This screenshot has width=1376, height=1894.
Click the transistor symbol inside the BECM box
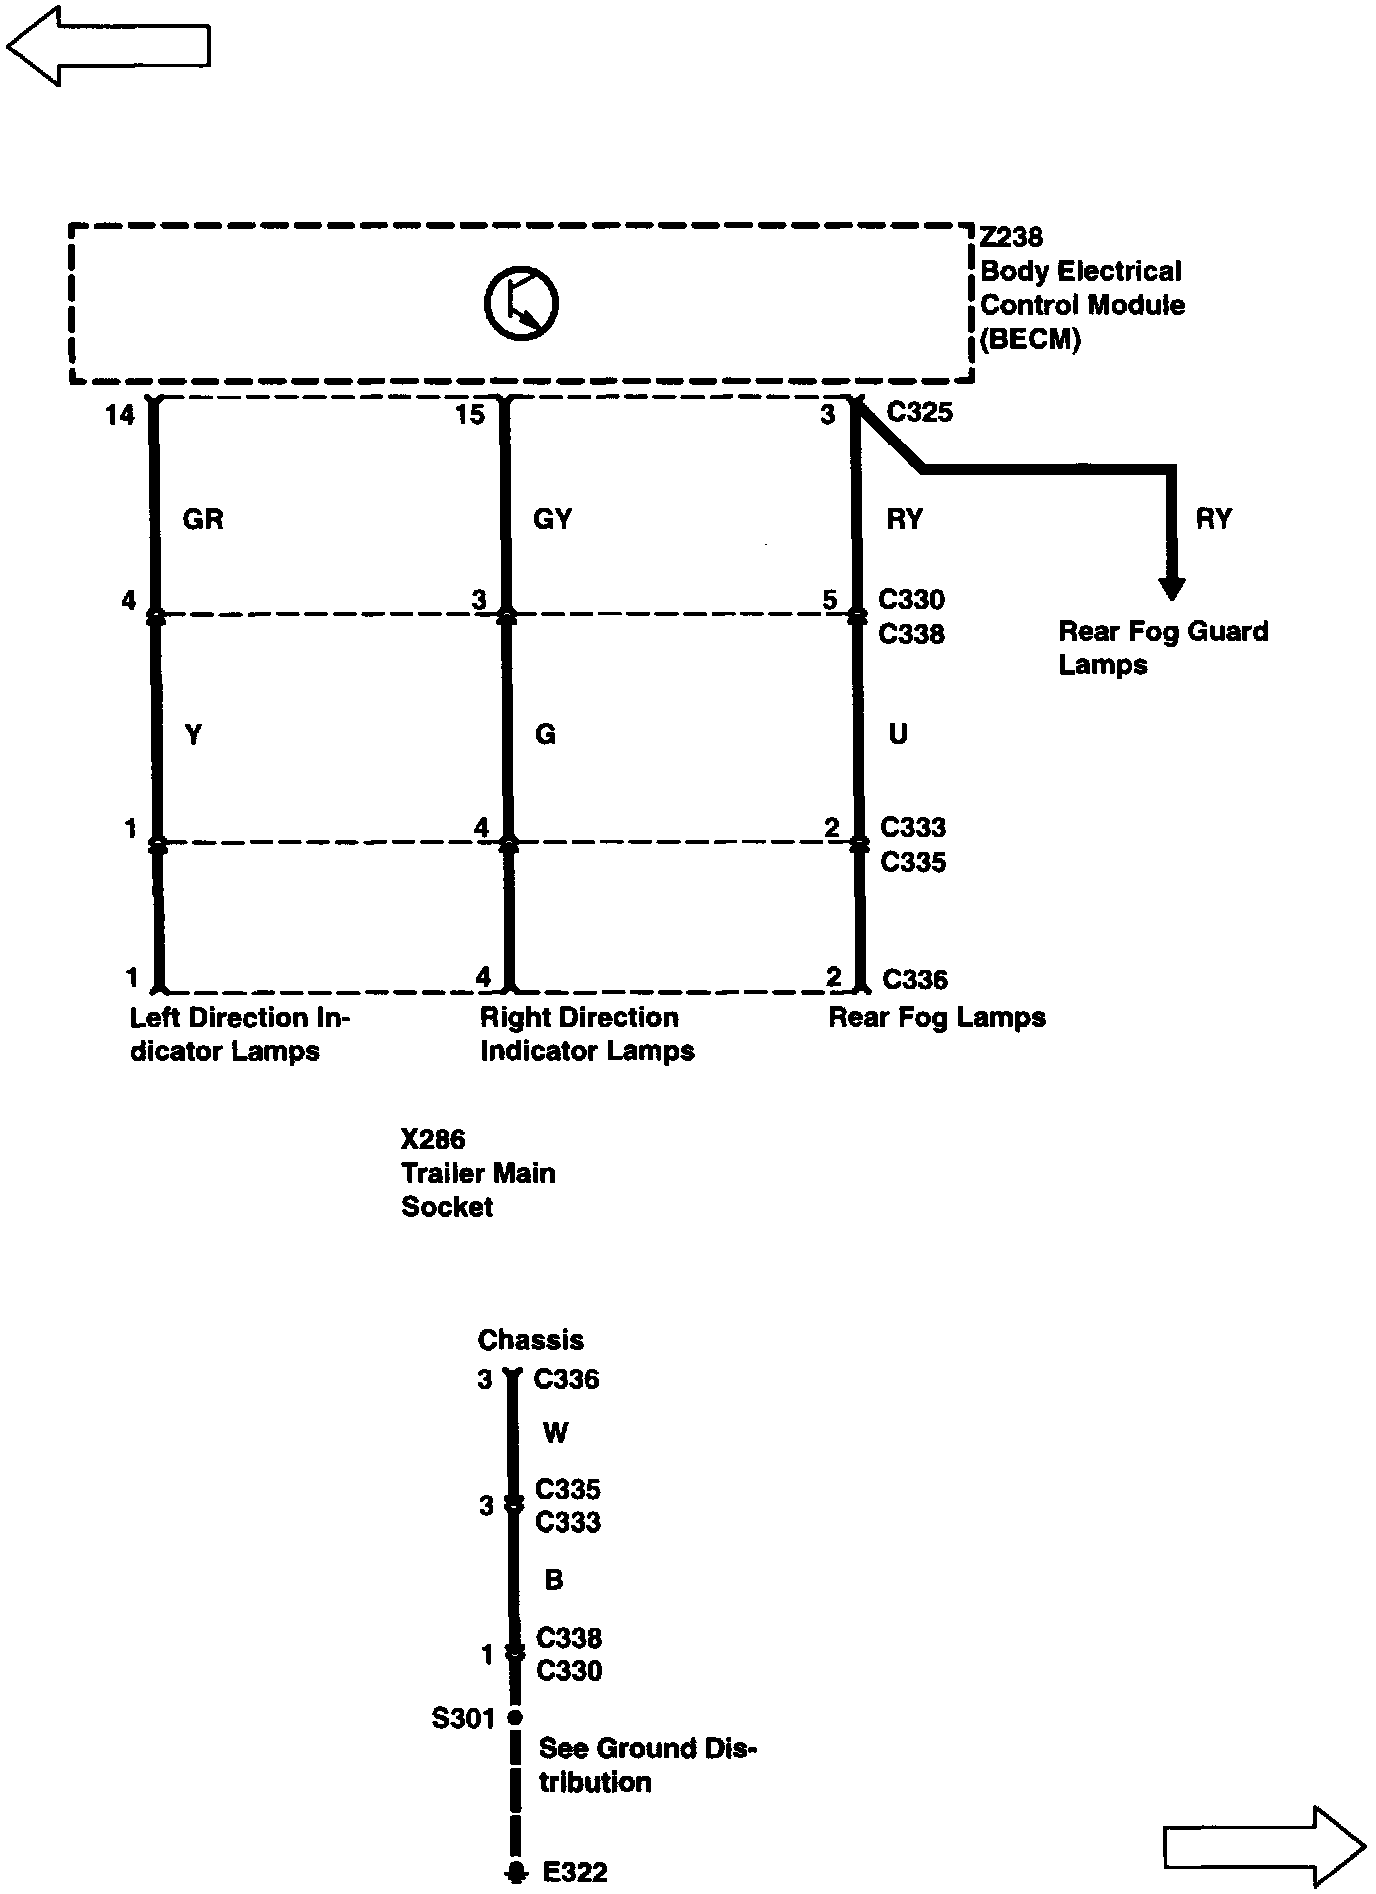pyautogui.click(x=521, y=303)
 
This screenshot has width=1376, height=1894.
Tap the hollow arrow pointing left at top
pyautogui.click(x=108, y=45)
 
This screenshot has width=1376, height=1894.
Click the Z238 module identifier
pyautogui.click(x=1011, y=237)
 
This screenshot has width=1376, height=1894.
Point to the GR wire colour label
pyautogui.click(x=203, y=519)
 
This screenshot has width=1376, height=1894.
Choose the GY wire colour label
pyautogui.click(x=553, y=519)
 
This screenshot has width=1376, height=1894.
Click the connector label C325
pyautogui.click(x=920, y=412)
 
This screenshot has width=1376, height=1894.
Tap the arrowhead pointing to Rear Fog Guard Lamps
pyautogui.click(x=1172, y=588)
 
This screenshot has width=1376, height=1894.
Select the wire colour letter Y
pyautogui.click(x=194, y=735)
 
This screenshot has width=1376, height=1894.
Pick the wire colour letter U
pyautogui.click(x=898, y=735)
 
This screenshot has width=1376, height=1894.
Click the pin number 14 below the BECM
pyautogui.click(x=119, y=414)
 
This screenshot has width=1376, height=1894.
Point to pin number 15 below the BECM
pyautogui.click(x=469, y=414)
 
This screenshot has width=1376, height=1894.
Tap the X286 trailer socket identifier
pyautogui.click(x=433, y=1139)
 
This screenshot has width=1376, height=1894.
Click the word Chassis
pyautogui.click(x=530, y=1340)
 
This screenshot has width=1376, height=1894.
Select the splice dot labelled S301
pyautogui.click(x=515, y=1717)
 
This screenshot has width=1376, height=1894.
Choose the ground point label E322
pyautogui.click(x=575, y=1872)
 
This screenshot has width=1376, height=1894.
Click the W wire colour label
pyautogui.click(x=555, y=1433)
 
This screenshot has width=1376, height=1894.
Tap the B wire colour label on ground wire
pyautogui.click(x=554, y=1580)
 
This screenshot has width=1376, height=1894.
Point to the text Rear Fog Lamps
pyautogui.click(x=937, y=1017)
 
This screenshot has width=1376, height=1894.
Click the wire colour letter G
pyautogui.click(x=545, y=735)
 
